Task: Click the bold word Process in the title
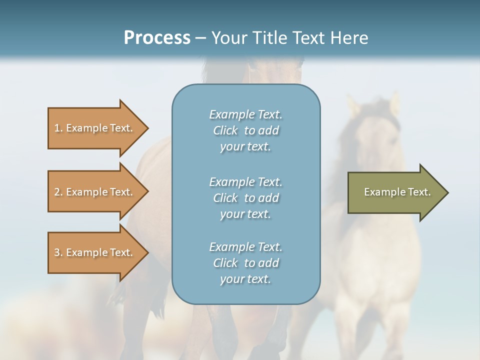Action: pyautogui.click(x=157, y=37)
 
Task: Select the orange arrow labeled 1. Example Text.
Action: pyautogui.click(x=95, y=128)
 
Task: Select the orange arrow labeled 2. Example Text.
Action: pyautogui.click(x=95, y=192)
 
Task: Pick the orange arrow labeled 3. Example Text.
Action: pyautogui.click(x=95, y=252)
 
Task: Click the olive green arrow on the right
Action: pyautogui.click(x=395, y=192)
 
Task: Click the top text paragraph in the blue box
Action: pyautogui.click(x=246, y=130)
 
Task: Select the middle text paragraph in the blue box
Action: pyautogui.click(x=246, y=197)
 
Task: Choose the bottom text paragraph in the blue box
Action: pyautogui.click(x=246, y=263)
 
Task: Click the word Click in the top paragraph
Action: pyautogui.click(x=225, y=130)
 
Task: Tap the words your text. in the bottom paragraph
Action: pyautogui.click(x=245, y=279)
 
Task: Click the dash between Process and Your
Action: pyautogui.click(x=201, y=38)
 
